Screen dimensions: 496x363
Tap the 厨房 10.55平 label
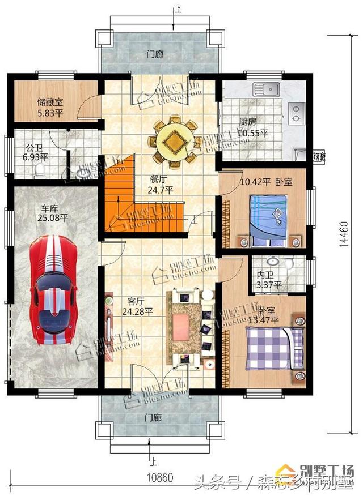[252, 127]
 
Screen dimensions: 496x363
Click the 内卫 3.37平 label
[265, 279]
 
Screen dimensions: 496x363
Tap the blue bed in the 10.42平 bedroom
[271, 217]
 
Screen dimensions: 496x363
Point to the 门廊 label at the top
[154, 55]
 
